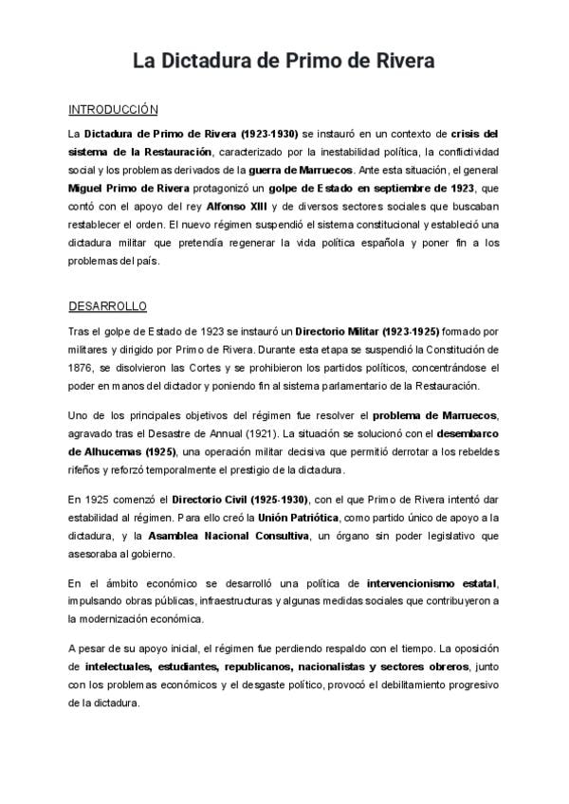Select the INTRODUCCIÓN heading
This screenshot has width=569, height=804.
pyautogui.click(x=113, y=110)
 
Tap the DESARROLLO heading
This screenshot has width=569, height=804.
pyautogui.click(x=106, y=307)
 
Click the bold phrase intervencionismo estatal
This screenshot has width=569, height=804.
pyautogui.click(x=432, y=581)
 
